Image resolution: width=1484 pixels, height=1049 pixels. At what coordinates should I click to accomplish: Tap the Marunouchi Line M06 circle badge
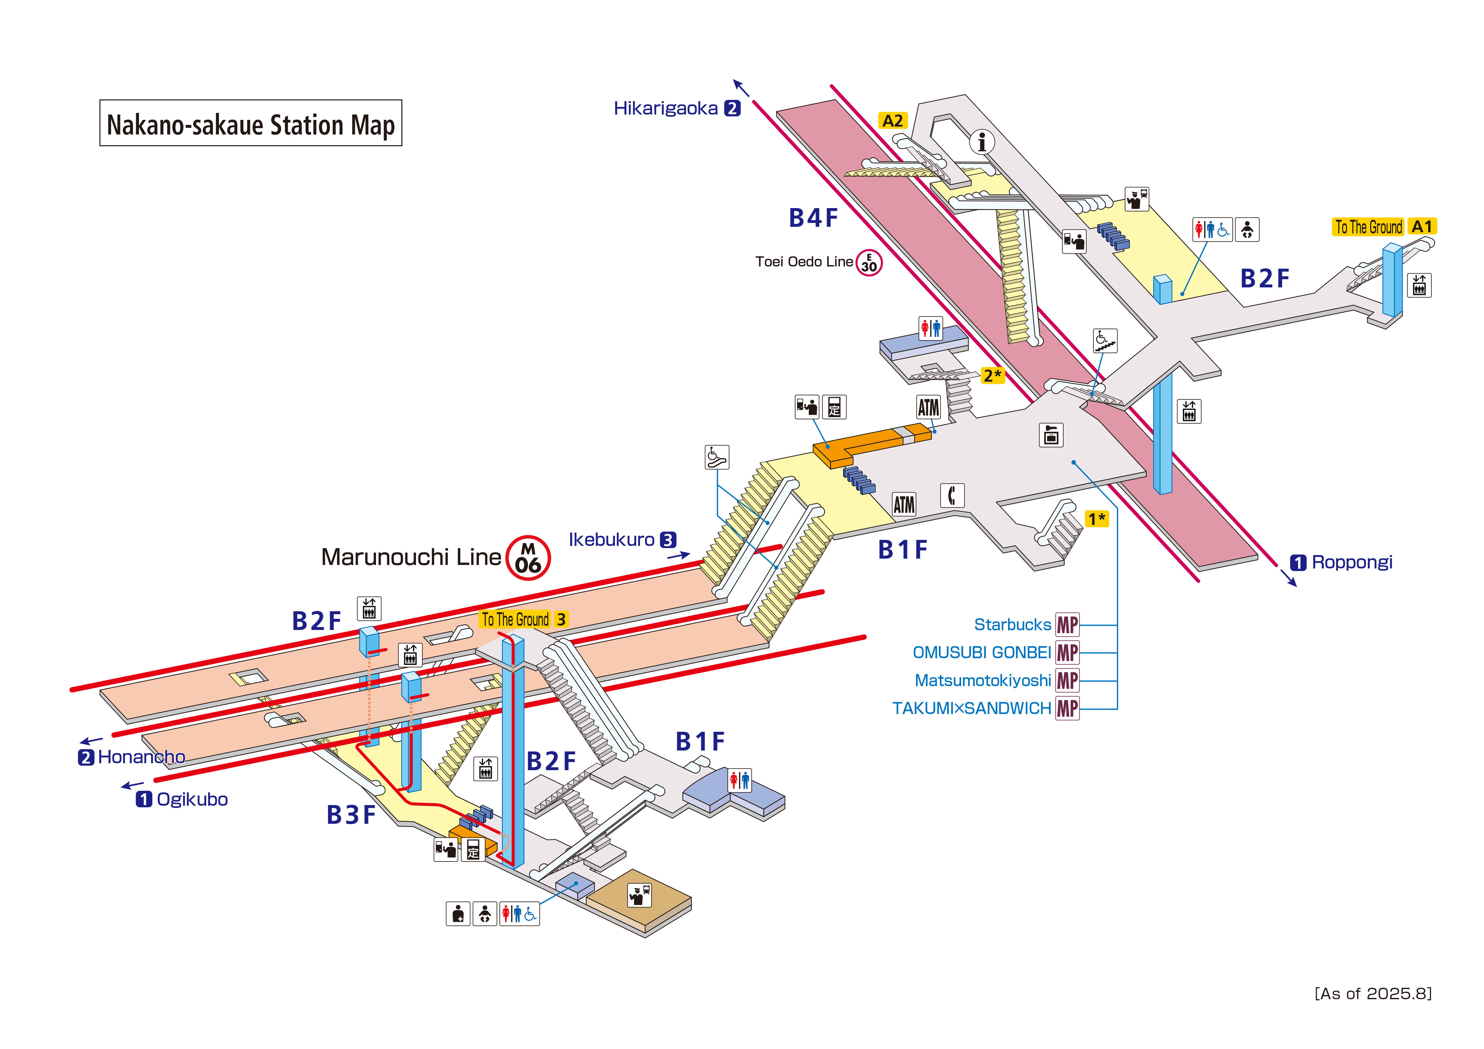click(528, 558)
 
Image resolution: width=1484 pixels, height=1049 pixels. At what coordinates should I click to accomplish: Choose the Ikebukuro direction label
click(611, 540)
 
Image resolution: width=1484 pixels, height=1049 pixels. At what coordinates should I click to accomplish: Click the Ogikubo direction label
click(191, 799)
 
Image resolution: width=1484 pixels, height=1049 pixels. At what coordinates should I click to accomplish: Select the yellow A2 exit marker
click(893, 121)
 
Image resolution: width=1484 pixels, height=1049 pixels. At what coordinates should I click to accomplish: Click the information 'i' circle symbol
click(982, 141)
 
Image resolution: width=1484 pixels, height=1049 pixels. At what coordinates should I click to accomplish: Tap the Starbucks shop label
click(1012, 625)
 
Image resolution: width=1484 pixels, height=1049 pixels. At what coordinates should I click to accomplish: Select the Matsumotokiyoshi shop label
click(982, 681)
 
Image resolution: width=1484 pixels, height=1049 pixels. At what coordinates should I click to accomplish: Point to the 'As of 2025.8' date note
click(1373, 993)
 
